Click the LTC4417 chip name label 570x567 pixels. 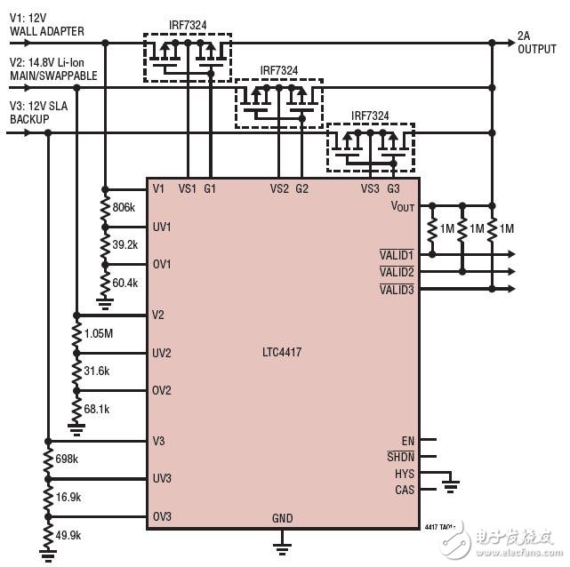pos(282,353)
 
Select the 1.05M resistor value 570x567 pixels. pos(100,333)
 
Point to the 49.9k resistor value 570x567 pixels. pos(68,535)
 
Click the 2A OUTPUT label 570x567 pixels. pos(537,43)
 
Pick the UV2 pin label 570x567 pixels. pos(161,353)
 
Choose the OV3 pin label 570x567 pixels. pos(161,517)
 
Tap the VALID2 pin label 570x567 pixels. pos(397,272)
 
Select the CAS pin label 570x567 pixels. pos(404,490)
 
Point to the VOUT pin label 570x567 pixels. pos(403,206)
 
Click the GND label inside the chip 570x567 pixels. pos(283,518)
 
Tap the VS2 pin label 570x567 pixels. pos(279,188)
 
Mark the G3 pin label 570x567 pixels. pos(393,188)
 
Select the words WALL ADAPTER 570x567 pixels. pos(47,31)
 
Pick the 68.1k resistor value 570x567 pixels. pos(96,409)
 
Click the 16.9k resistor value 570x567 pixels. pos(68,497)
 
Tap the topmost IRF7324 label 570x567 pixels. pos(188,26)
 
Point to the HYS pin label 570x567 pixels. pos(405,474)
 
